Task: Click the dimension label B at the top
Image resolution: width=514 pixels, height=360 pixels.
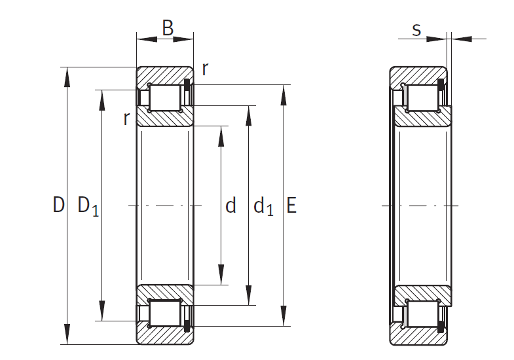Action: tap(168, 28)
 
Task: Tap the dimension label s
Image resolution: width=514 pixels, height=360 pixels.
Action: tap(416, 30)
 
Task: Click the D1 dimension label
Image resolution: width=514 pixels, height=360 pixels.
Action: tap(88, 206)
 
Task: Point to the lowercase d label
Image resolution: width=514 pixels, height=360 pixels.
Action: tap(230, 207)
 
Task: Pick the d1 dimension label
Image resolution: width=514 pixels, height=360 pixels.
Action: tap(263, 207)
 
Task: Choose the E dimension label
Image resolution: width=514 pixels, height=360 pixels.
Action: tap(291, 206)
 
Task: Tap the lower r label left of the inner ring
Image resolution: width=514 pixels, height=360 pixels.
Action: tap(126, 118)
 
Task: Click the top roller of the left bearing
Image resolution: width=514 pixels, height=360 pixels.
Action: tap(165, 98)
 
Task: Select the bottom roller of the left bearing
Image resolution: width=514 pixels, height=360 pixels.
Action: tap(165, 314)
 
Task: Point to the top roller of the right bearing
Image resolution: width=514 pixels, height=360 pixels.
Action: tap(421, 98)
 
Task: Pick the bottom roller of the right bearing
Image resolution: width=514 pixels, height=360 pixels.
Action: tap(421, 314)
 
